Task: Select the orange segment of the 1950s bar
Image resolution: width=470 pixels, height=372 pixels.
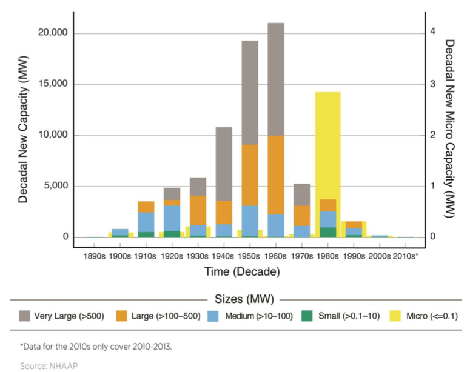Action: point(250,175)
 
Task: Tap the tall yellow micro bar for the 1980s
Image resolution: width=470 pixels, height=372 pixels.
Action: point(327,139)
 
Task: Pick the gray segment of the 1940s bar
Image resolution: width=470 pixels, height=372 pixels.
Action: point(224,164)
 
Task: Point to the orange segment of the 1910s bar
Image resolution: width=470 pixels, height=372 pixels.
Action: point(146,207)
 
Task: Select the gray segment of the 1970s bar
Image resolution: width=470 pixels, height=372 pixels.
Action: point(302,194)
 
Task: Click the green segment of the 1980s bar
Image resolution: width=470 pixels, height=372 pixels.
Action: point(328,232)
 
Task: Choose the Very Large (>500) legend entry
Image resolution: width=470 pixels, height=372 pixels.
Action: point(66,316)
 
